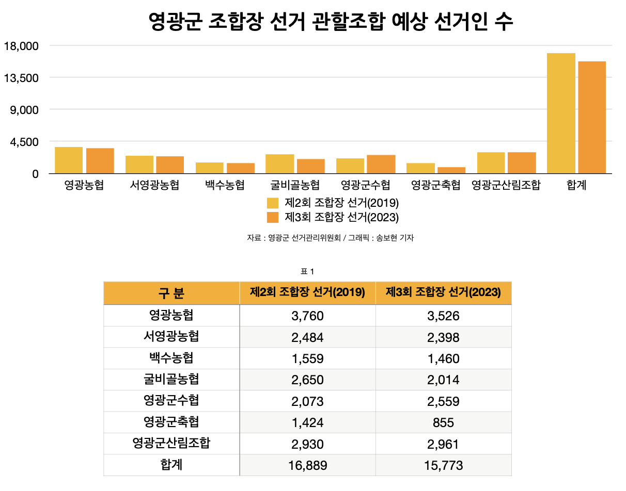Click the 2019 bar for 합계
tap(561, 113)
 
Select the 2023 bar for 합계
tap(591, 117)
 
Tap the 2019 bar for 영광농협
tap(69, 160)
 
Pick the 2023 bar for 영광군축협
tap(451, 170)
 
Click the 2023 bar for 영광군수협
tap(381, 164)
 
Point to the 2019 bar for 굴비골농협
tap(279, 163)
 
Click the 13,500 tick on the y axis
tap(21, 78)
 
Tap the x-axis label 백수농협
tap(224, 185)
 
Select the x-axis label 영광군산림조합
tap(506, 185)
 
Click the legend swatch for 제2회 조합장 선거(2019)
tap(273, 203)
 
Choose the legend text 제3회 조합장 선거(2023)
tap(341, 217)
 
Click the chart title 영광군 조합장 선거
tap(331, 22)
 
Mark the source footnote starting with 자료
tap(331, 238)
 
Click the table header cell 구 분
tap(171, 293)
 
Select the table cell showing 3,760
tap(307, 316)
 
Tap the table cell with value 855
tap(443, 423)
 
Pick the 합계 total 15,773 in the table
tap(443, 466)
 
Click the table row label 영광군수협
tap(171, 400)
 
